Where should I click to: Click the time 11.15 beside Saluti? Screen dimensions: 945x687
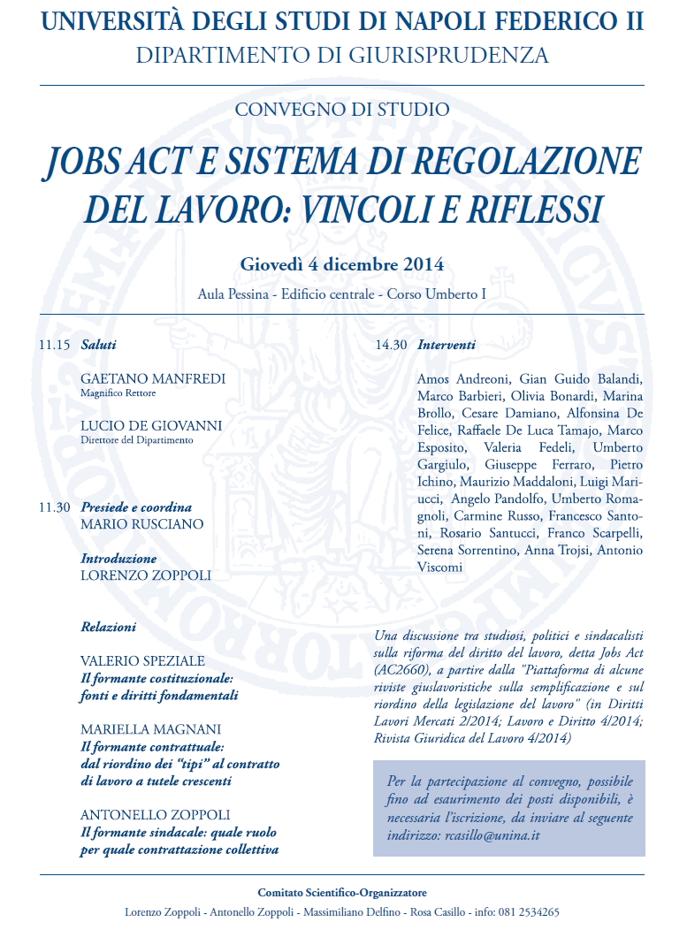pos(54,345)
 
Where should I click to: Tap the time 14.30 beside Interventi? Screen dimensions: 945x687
pos(391,345)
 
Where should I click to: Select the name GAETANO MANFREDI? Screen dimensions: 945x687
pos(153,378)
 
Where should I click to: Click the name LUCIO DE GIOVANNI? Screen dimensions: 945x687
pos(151,425)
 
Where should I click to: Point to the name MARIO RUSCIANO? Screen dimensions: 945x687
pos(141,524)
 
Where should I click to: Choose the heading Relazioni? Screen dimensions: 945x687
pos(109,627)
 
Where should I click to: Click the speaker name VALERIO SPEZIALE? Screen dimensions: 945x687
pos(142,660)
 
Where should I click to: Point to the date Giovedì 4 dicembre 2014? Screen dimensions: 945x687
pos(342,264)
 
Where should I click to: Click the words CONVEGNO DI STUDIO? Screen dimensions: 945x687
pos(342,110)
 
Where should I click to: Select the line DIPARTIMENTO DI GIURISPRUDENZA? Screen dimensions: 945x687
pos(342,55)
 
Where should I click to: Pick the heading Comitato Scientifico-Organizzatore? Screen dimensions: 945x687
pos(342,893)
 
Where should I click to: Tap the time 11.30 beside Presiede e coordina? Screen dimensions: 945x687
pos(54,507)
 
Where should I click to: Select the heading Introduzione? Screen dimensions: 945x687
pos(118,559)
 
